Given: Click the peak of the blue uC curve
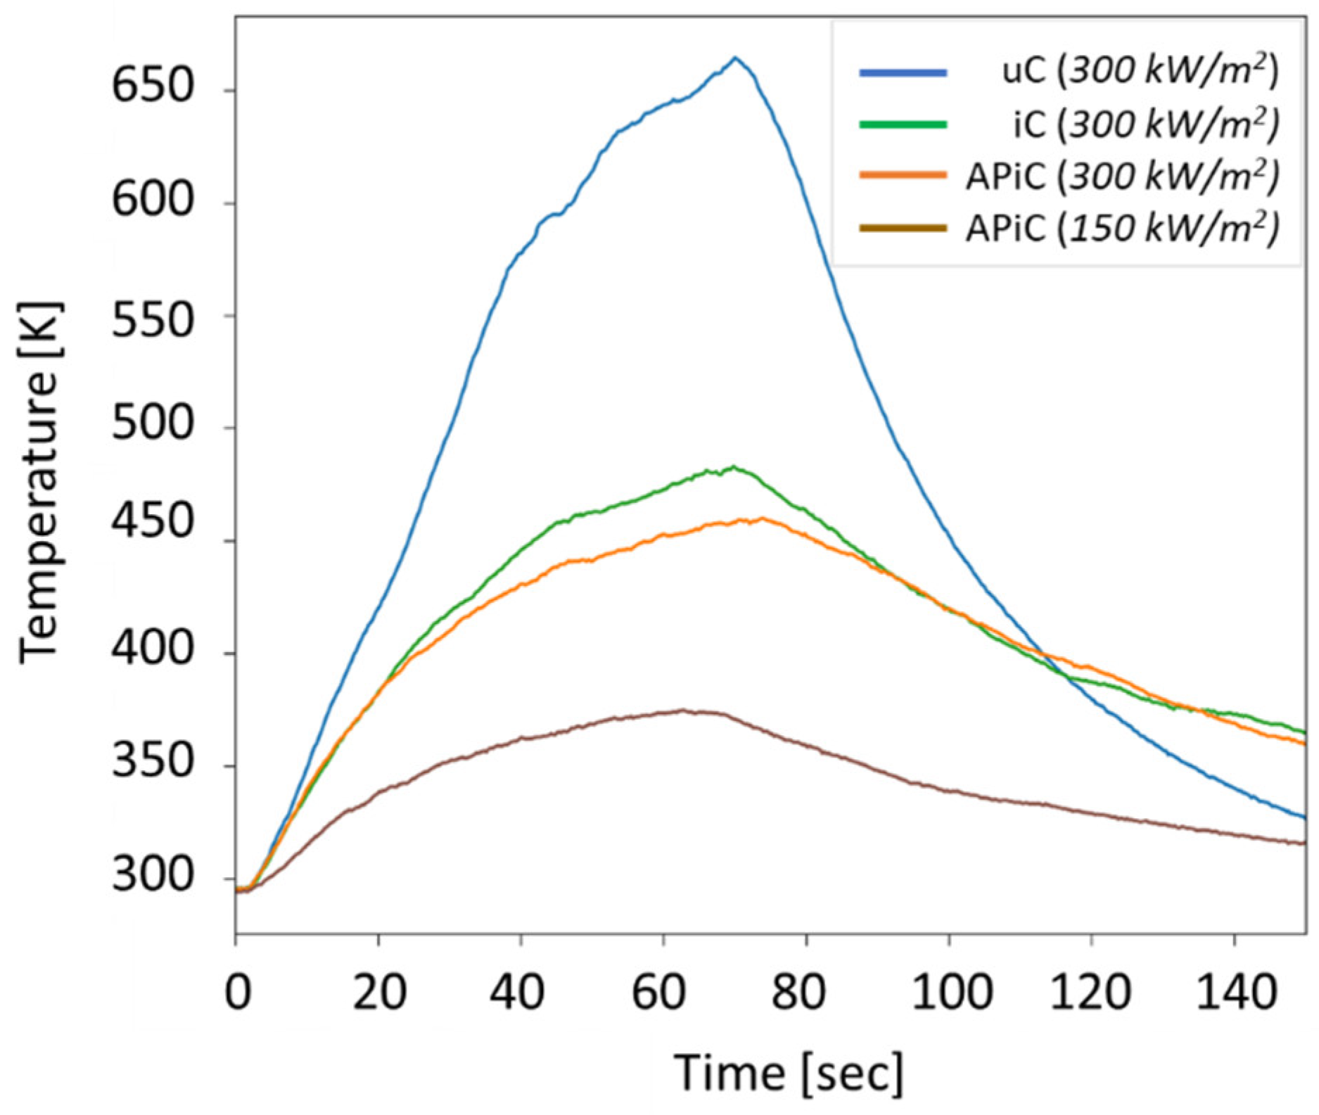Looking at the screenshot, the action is (735, 58).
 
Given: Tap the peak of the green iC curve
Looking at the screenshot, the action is (734, 467).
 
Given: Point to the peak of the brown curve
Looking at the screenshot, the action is (682, 711).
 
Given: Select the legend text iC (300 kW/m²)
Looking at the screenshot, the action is (1146, 125).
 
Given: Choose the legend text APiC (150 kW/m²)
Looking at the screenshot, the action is (1122, 229).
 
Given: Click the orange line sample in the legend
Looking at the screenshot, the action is (903, 175).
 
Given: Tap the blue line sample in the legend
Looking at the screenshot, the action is (903, 72).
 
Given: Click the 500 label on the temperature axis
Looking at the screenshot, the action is (152, 427).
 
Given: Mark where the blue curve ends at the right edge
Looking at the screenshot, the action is (1306, 818).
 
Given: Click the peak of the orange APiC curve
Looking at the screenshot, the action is (762, 519).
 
